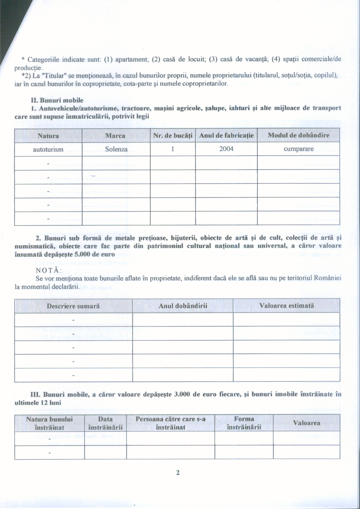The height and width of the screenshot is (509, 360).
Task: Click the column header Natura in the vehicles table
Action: [x=48, y=136]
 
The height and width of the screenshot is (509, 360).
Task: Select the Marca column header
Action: [x=115, y=136]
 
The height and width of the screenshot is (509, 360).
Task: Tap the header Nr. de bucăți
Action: [x=173, y=136]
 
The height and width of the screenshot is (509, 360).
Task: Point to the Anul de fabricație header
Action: [x=226, y=136]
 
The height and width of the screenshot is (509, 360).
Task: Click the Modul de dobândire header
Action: [x=298, y=136]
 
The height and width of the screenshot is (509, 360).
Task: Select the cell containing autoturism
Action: [x=48, y=149]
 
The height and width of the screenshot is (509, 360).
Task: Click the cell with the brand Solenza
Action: [x=115, y=149]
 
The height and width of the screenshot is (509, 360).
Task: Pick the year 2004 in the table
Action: [x=226, y=149]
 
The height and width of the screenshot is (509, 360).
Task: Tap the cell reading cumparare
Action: [x=298, y=149]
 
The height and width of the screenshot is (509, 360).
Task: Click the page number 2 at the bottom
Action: [x=178, y=473]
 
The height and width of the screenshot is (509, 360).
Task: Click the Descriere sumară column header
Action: [x=73, y=306]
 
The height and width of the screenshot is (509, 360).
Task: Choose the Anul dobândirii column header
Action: [x=183, y=306]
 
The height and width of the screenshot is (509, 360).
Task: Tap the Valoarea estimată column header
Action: [x=287, y=306]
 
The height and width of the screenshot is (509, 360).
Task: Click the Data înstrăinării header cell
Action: [x=105, y=423]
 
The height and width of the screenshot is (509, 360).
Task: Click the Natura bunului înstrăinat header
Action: [x=49, y=423]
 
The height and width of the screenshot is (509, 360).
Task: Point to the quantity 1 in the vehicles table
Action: [x=173, y=149]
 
